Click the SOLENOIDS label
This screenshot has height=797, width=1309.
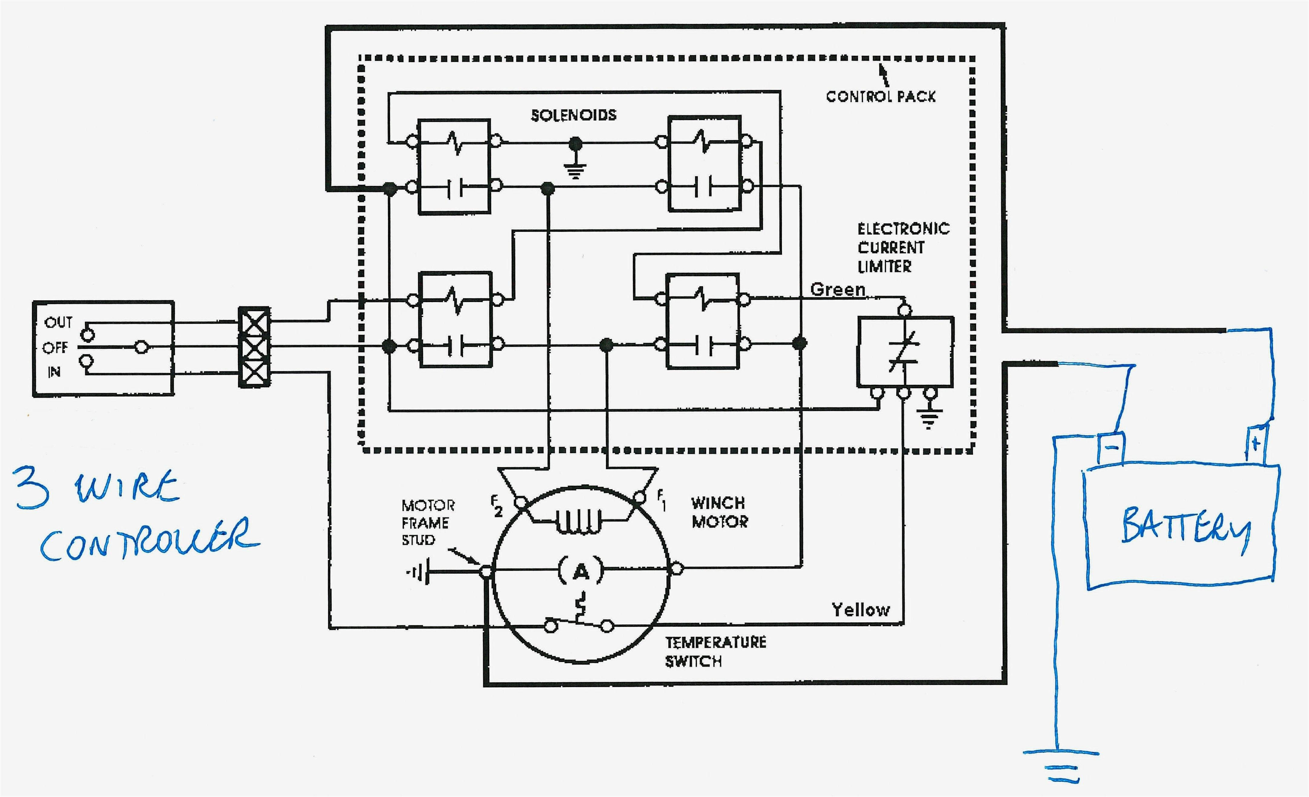tap(574, 115)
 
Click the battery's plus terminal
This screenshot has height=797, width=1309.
tap(1256, 444)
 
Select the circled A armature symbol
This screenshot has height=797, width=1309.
tap(581, 571)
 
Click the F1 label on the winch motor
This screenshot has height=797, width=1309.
tap(661, 500)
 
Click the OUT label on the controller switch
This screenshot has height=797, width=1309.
tap(58, 322)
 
